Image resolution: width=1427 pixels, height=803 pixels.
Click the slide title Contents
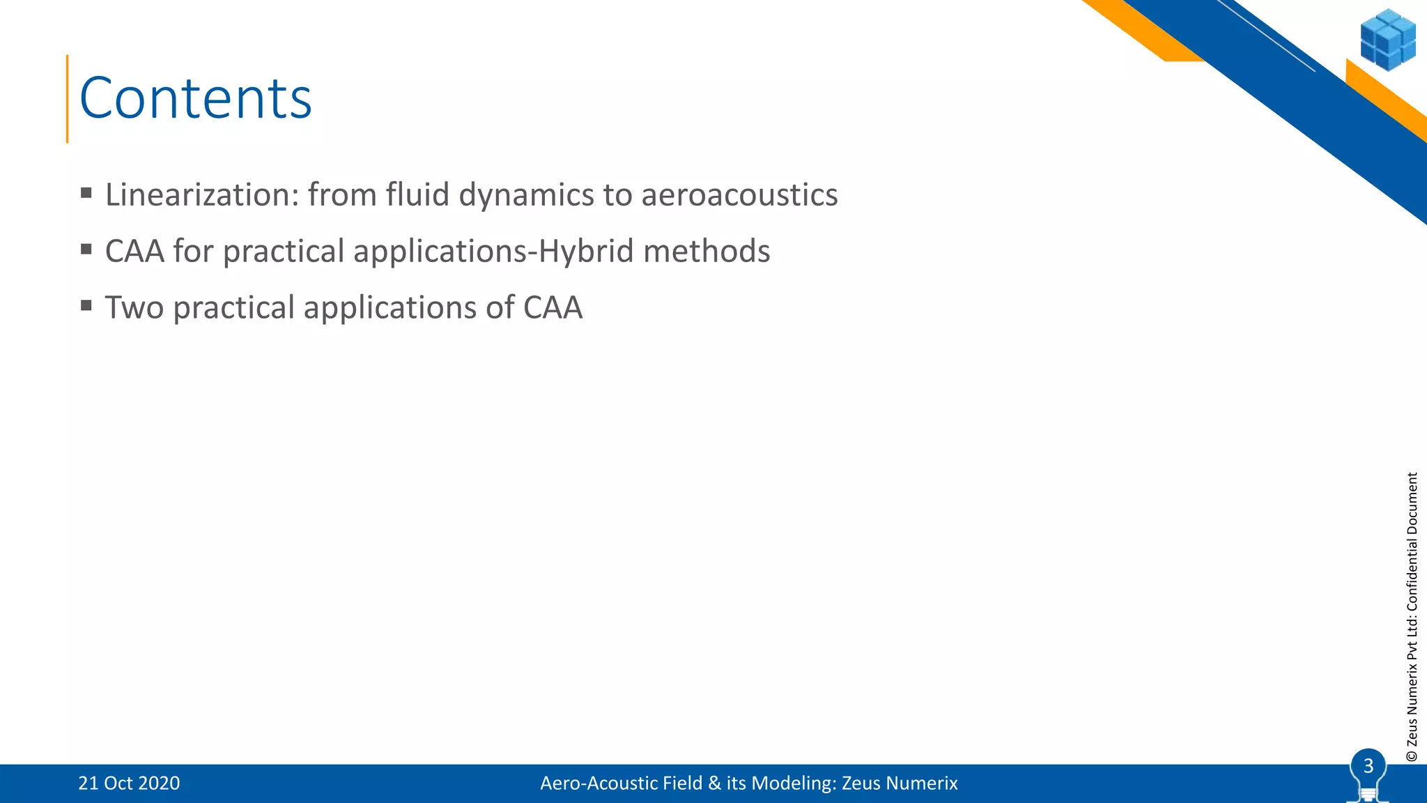click(x=196, y=98)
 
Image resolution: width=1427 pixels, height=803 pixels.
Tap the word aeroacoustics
click(x=739, y=194)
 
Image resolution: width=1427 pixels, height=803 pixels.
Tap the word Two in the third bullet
click(x=134, y=307)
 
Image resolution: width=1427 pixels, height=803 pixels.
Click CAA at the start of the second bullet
click(x=134, y=251)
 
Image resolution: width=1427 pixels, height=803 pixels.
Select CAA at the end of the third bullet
click(x=553, y=307)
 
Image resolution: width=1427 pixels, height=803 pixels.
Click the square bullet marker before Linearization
click(x=86, y=192)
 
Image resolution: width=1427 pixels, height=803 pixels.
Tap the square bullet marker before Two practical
click(x=86, y=305)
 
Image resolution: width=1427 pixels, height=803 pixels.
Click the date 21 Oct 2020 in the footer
click(x=129, y=783)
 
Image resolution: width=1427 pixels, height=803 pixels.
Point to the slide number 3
click(x=1368, y=766)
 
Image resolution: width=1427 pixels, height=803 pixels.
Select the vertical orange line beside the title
click(x=68, y=98)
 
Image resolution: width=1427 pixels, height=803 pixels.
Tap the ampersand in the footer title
click(x=714, y=783)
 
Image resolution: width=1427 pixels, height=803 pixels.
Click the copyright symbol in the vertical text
click(x=1412, y=756)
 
